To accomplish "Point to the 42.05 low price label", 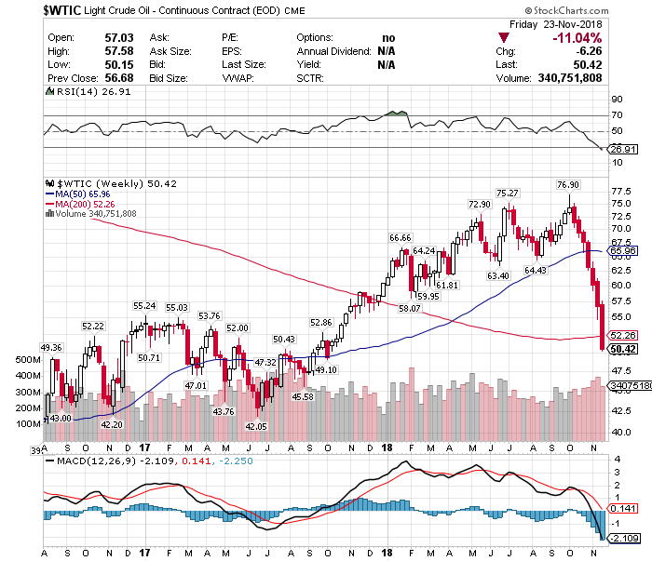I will tap(255, 426).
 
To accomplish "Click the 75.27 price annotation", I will tap(507, 193).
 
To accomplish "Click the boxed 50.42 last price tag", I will tap(621, 349).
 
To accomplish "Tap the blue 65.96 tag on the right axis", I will tap(621, 251).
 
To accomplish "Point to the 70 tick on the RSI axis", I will tap(616, 115).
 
